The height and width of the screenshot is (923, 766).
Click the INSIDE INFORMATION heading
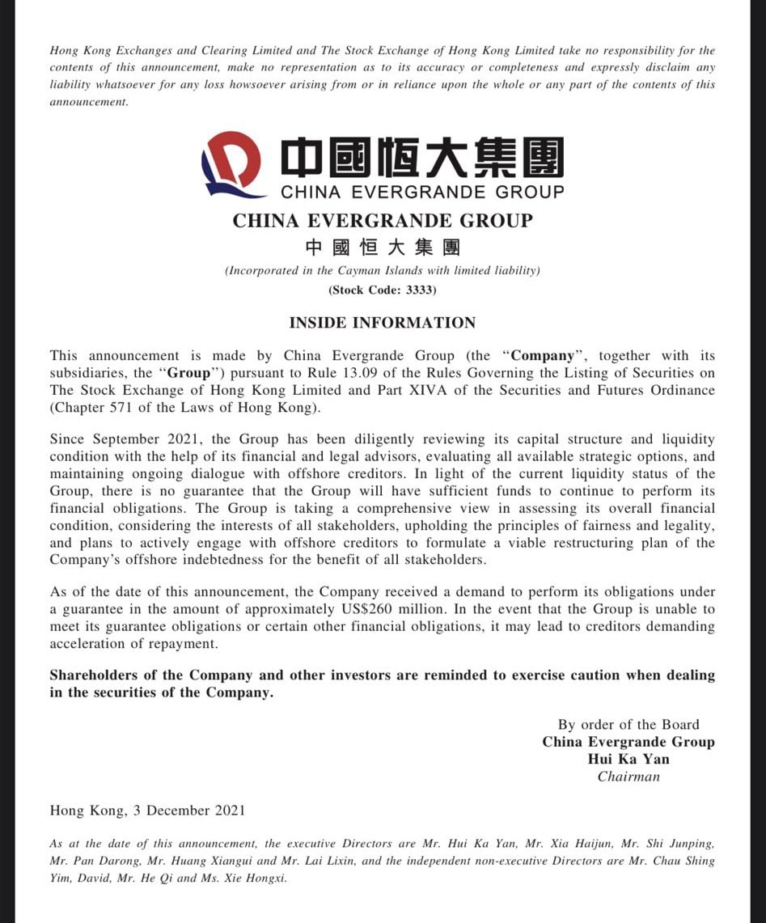[383, 323]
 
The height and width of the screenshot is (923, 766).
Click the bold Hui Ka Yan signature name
[628, 759]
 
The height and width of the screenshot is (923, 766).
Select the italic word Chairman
[628, 777]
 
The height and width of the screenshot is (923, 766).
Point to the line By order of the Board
[628, 725]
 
